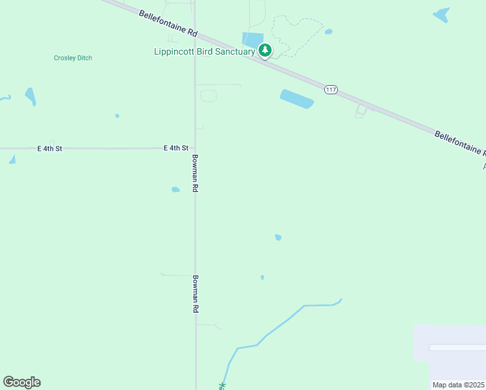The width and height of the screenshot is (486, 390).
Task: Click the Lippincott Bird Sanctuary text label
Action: [x=204, y=51]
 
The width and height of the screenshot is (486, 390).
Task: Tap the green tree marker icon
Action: [x=265, y=49]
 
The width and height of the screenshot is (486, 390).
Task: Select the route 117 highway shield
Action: [x=331, y=90]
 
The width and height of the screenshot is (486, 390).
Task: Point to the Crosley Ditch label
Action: [x=73, y=58]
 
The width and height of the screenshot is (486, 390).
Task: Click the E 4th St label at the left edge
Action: [x=49, y=149]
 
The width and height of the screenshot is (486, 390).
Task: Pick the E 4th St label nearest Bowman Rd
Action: [x=176, y=149]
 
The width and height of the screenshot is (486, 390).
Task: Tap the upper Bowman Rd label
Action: [x=194, y=172]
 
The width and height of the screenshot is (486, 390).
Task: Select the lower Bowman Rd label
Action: [x=194, y=294]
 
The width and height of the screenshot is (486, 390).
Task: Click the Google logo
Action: [x=21, y=382]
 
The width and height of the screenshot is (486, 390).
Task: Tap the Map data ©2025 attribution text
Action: [x=458, y=385]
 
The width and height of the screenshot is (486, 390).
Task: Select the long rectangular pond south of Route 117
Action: [x=297, y=99]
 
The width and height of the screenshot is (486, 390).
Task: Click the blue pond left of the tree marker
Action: [x=250, y=40]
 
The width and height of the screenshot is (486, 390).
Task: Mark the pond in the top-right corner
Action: [x=441, y=14]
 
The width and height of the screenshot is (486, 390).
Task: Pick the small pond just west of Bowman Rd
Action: [x=175, y=190]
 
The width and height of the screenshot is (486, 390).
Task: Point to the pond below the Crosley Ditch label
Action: [x=31, y=96]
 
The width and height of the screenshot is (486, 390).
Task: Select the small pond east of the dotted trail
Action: [x=329, y=31]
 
